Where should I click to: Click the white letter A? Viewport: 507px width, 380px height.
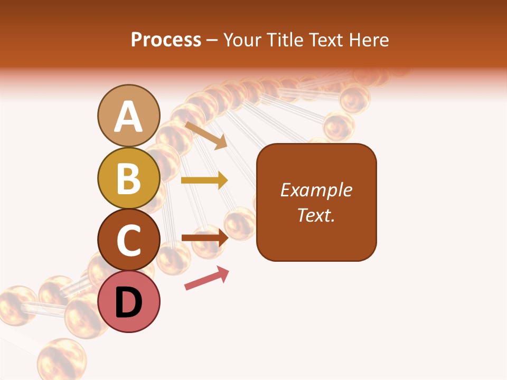(x=128, y=117)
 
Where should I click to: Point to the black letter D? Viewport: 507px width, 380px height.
(x=128, y=302)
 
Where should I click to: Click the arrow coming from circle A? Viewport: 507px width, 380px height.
(x=206, y=135)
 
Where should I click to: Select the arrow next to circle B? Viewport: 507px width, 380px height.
(x=204, y=180)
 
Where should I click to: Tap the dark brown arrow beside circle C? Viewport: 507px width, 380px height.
(x=204, y=237)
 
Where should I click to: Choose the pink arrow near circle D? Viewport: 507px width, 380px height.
(x=207, y=278)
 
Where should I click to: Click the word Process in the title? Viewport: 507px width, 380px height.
(x=166, y=40)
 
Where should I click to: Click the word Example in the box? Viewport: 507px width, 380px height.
(x=316, y=190)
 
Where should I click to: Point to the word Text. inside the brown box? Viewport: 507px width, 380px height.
(x=316, y=215)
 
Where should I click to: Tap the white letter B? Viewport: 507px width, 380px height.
(x=128, y=178)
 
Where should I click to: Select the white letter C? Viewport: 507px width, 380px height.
(x=128, y=240)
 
